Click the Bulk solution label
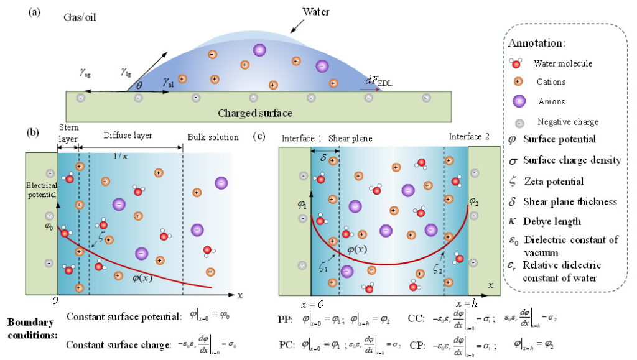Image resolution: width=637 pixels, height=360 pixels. pos(213,137)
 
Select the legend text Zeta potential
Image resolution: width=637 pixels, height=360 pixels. pos(553,182)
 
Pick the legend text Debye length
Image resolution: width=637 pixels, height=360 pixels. pos(552,221)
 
